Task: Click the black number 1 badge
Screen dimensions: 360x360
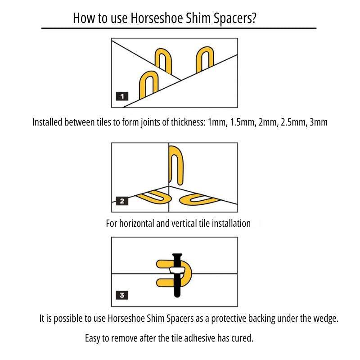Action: (122, 96)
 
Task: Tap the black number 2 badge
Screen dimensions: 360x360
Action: (122, 201)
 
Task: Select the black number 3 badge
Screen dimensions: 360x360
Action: (122, 296)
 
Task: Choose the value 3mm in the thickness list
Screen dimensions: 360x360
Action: (317, 122)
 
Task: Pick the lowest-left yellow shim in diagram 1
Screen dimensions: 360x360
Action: (149, 85)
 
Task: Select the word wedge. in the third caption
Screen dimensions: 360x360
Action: (325, 319)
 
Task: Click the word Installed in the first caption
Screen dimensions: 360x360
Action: (48, 122)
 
